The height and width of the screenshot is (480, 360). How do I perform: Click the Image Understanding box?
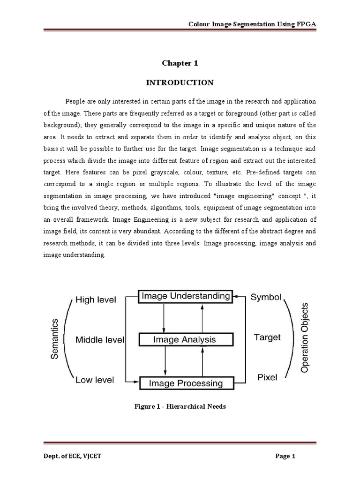click(186, 296)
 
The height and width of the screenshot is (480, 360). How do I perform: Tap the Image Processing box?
click(186, 383)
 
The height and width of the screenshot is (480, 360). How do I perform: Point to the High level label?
click(96, 300)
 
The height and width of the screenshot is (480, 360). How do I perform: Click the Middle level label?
click(100, 339)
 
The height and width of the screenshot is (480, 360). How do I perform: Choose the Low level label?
click(95, 380)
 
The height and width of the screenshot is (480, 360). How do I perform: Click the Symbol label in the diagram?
click(266, 297)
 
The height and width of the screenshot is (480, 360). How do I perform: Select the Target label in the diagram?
click(267, 337)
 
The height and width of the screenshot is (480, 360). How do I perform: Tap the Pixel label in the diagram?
click(267, 377)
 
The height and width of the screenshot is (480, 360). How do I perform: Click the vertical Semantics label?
click(54, 339)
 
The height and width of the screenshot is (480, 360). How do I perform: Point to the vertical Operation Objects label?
click(305, 337)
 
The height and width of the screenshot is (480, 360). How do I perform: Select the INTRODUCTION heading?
click(180, 83)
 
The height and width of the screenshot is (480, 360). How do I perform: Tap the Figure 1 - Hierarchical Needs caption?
click(180, 406)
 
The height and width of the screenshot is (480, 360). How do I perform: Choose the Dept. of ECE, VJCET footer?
click(70, 457)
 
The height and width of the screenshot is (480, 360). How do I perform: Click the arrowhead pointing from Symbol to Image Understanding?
click(238, 296)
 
